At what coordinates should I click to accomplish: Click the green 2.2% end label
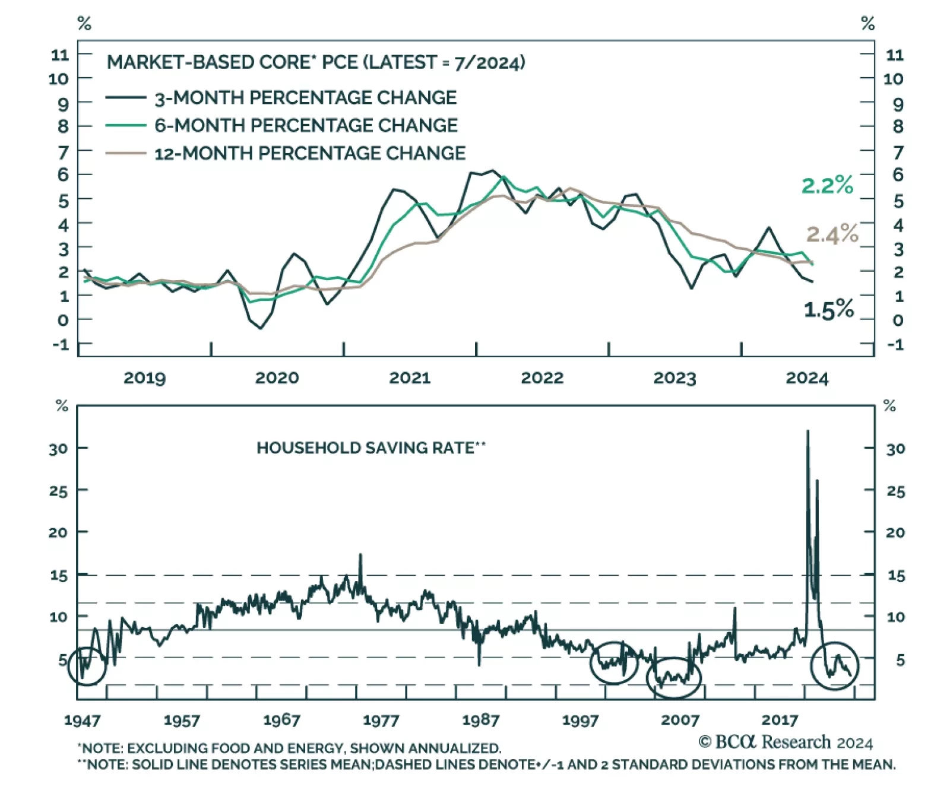point(827,185)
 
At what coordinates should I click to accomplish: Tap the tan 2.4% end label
point(832,234)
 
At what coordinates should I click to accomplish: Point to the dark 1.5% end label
point(828,309)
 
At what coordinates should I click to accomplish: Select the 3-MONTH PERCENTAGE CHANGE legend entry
point(305,98)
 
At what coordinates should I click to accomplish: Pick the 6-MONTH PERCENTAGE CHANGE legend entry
point(306,126)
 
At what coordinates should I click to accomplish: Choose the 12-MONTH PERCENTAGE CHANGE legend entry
point(309,154)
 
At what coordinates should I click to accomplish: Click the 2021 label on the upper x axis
point(409,378)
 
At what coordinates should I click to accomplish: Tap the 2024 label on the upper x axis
point(806,378)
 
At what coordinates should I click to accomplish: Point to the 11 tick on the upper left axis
point(60,55)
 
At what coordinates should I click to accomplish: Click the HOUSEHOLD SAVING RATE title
point(371,448)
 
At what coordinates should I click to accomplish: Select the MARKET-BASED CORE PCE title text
point(316,62)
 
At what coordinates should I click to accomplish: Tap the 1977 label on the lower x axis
point(381,721)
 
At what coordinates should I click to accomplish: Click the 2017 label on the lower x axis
point(779,721)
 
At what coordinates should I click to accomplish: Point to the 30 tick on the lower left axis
point(58,449)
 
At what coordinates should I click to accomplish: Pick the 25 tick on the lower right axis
point(895,491)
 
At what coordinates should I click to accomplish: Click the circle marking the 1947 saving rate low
point(87,666)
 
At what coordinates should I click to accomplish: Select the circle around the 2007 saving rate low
point(674,677)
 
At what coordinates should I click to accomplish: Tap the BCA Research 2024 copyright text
point(786,742)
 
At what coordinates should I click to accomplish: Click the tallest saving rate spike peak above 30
point(807,431)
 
